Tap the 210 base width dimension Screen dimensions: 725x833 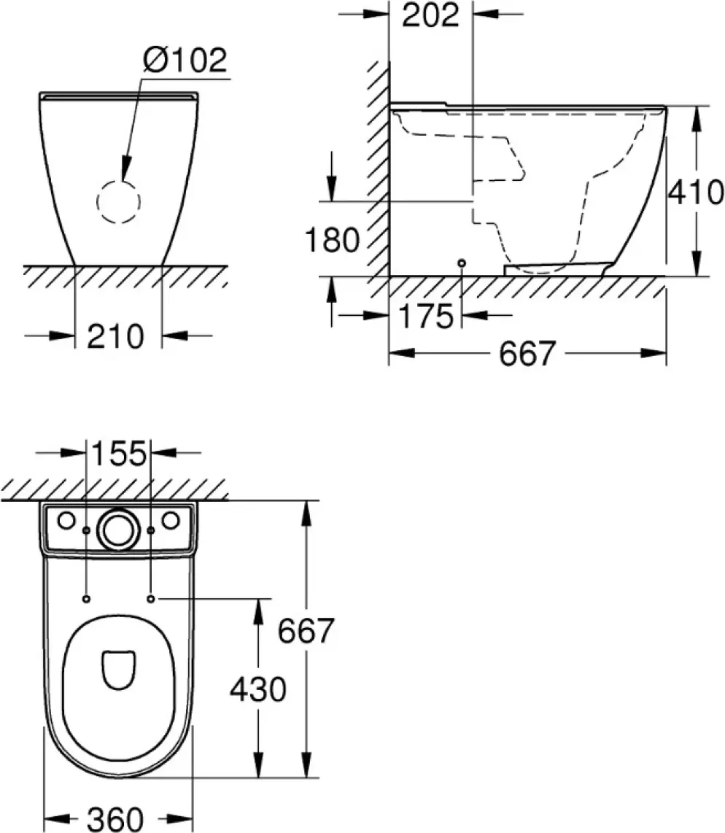click(115, 336)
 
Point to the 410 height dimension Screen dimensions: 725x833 click(695, 192)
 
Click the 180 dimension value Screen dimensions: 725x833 click(332, 239)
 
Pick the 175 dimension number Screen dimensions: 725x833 click(425, 316)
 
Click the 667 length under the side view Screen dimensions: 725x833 click(527, 353)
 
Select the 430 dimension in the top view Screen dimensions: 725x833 click(257, 689)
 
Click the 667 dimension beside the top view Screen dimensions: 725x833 click(306, 631)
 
